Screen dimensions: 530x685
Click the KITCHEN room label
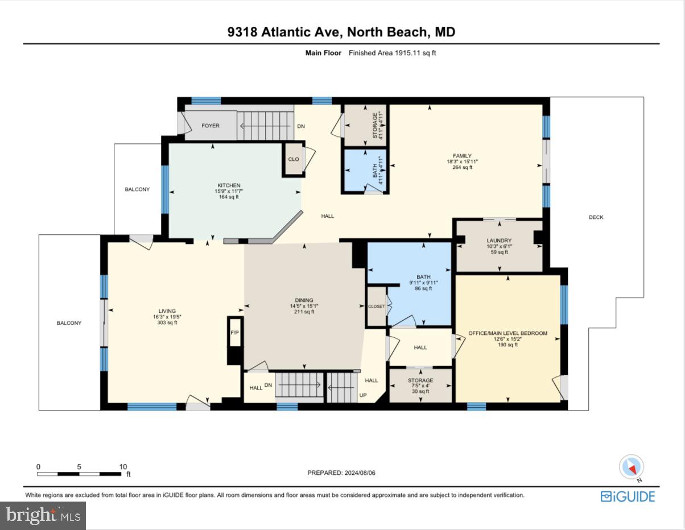(229, 185)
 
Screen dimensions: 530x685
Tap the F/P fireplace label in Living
(234, 332)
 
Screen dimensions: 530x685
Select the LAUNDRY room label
(499, 241)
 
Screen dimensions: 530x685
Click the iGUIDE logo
(628, 496)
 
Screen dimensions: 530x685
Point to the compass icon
(631, 467)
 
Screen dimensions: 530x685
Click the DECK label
(596, 217)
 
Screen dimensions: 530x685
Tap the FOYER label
(211, 126)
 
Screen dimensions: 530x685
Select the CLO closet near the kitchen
(294, 159)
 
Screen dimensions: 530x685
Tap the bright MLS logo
(43, 515)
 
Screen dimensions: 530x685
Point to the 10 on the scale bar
(123, 466)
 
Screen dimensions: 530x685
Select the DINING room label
(304, 301)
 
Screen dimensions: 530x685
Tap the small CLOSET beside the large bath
(376, 307)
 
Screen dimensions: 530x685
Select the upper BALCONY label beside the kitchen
(137, 189)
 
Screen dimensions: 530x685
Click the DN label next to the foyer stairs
(301, 126)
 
